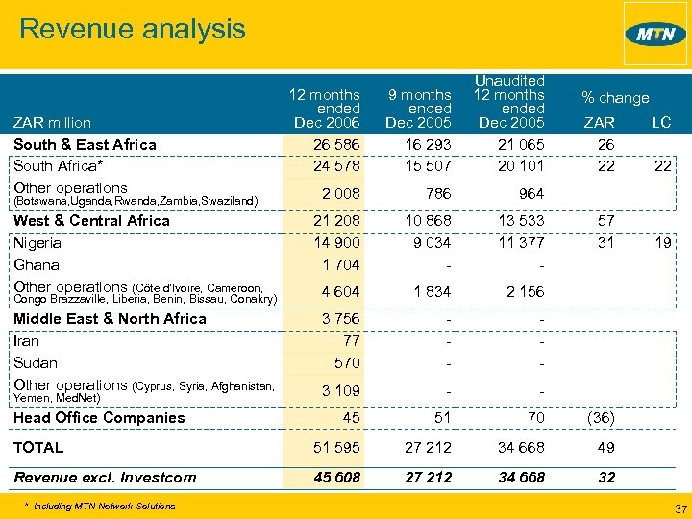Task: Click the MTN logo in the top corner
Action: (x=655, y=34)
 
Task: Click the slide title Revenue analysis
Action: (x=132, y=29)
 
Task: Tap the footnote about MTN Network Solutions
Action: (x=101, y=506)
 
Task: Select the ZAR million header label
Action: (x=52, y=122)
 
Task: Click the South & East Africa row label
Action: (x=85, y=144)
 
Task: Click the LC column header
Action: (x=660, y=122)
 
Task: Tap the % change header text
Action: (x=615, y=97)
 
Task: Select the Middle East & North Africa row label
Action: (x=110, y=318)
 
